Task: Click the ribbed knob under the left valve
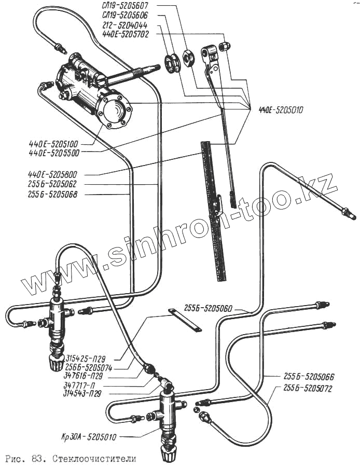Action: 56,361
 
